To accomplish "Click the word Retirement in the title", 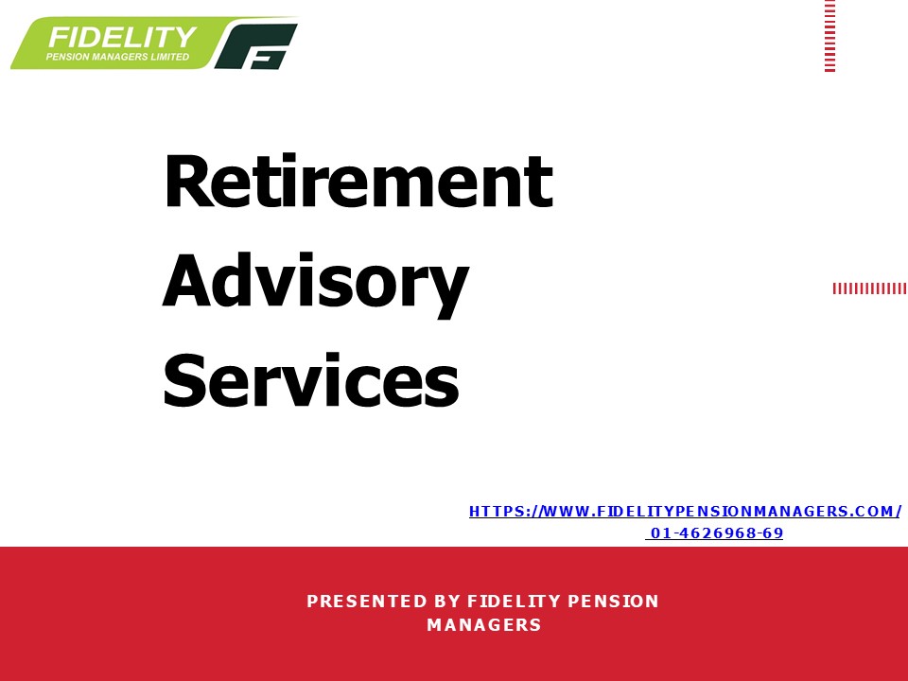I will [358, 182].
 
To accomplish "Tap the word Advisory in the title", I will [315, 282].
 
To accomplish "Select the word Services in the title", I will [311, 381].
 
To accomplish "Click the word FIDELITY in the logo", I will [122, 38].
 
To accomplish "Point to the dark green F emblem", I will [256, 46].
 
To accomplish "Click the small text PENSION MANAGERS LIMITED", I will [117, 57].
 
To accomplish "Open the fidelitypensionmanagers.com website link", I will [685, 512].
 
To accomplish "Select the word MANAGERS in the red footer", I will [483, 625].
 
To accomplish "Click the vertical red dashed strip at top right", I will [829, 36].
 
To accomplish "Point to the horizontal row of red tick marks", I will [869, 288].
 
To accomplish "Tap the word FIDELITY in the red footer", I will [511, 602].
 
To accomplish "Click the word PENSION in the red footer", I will [613, 602].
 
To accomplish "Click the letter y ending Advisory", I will [447, 288].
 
